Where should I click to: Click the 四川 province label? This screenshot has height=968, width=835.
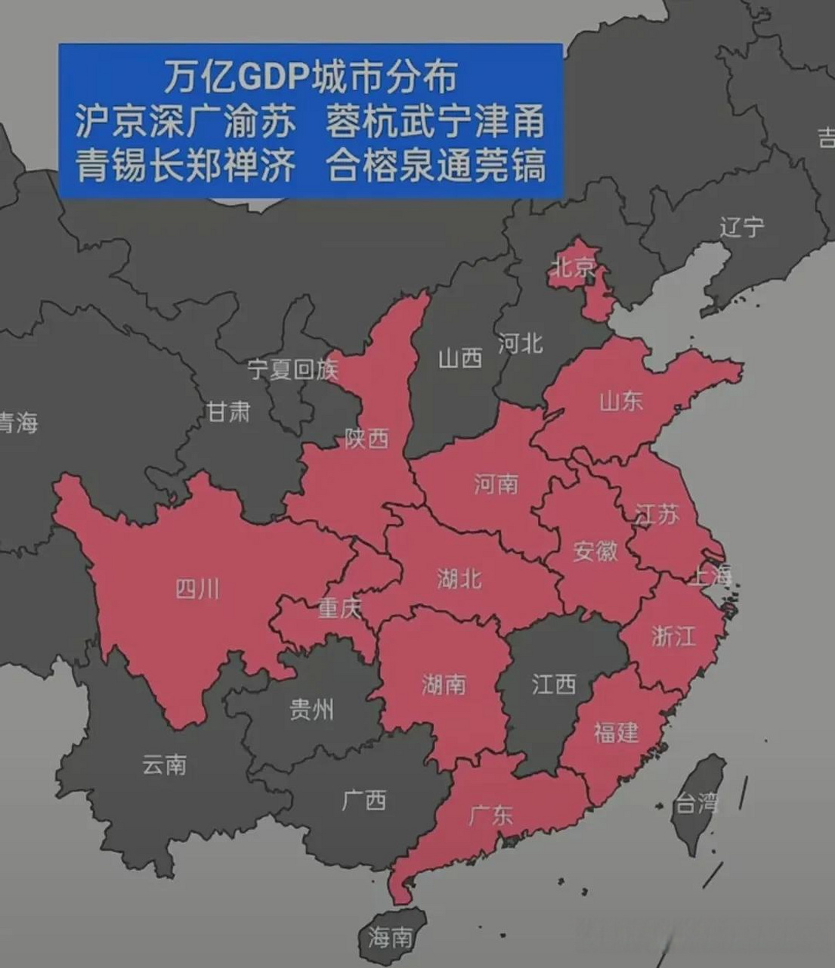[197, 588]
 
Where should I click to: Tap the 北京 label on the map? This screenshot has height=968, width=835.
[573, 266]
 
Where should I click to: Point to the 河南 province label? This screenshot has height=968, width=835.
[496, 483]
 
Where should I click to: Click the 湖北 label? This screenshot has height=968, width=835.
[459, 579]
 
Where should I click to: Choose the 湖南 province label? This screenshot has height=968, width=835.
[444, 684]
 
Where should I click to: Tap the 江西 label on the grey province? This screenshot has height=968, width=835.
[553, 684]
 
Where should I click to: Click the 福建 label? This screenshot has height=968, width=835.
[616, 731]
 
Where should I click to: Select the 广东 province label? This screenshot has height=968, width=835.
[490, 814]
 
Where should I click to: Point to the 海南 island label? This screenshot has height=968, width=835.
[390, 938]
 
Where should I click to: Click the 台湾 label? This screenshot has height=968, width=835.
[695, 802]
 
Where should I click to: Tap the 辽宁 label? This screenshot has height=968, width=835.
[741, 227]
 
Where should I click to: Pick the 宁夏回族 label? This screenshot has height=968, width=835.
[292, 369]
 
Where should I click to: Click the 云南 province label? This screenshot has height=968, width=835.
[164, 765]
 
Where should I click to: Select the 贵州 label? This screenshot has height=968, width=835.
[311, 709]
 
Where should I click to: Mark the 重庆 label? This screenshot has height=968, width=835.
[339, 607]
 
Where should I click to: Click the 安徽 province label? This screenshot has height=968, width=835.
[595, 551]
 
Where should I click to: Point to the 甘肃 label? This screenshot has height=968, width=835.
[227, 411]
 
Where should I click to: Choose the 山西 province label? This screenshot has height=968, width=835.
[459, 358]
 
